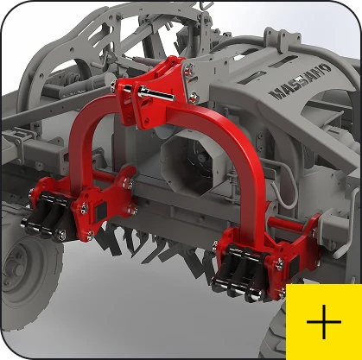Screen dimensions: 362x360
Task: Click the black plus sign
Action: [324, 322]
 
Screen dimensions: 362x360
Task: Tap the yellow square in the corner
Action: [324, 322]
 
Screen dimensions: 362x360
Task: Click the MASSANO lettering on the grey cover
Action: [301, 82]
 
